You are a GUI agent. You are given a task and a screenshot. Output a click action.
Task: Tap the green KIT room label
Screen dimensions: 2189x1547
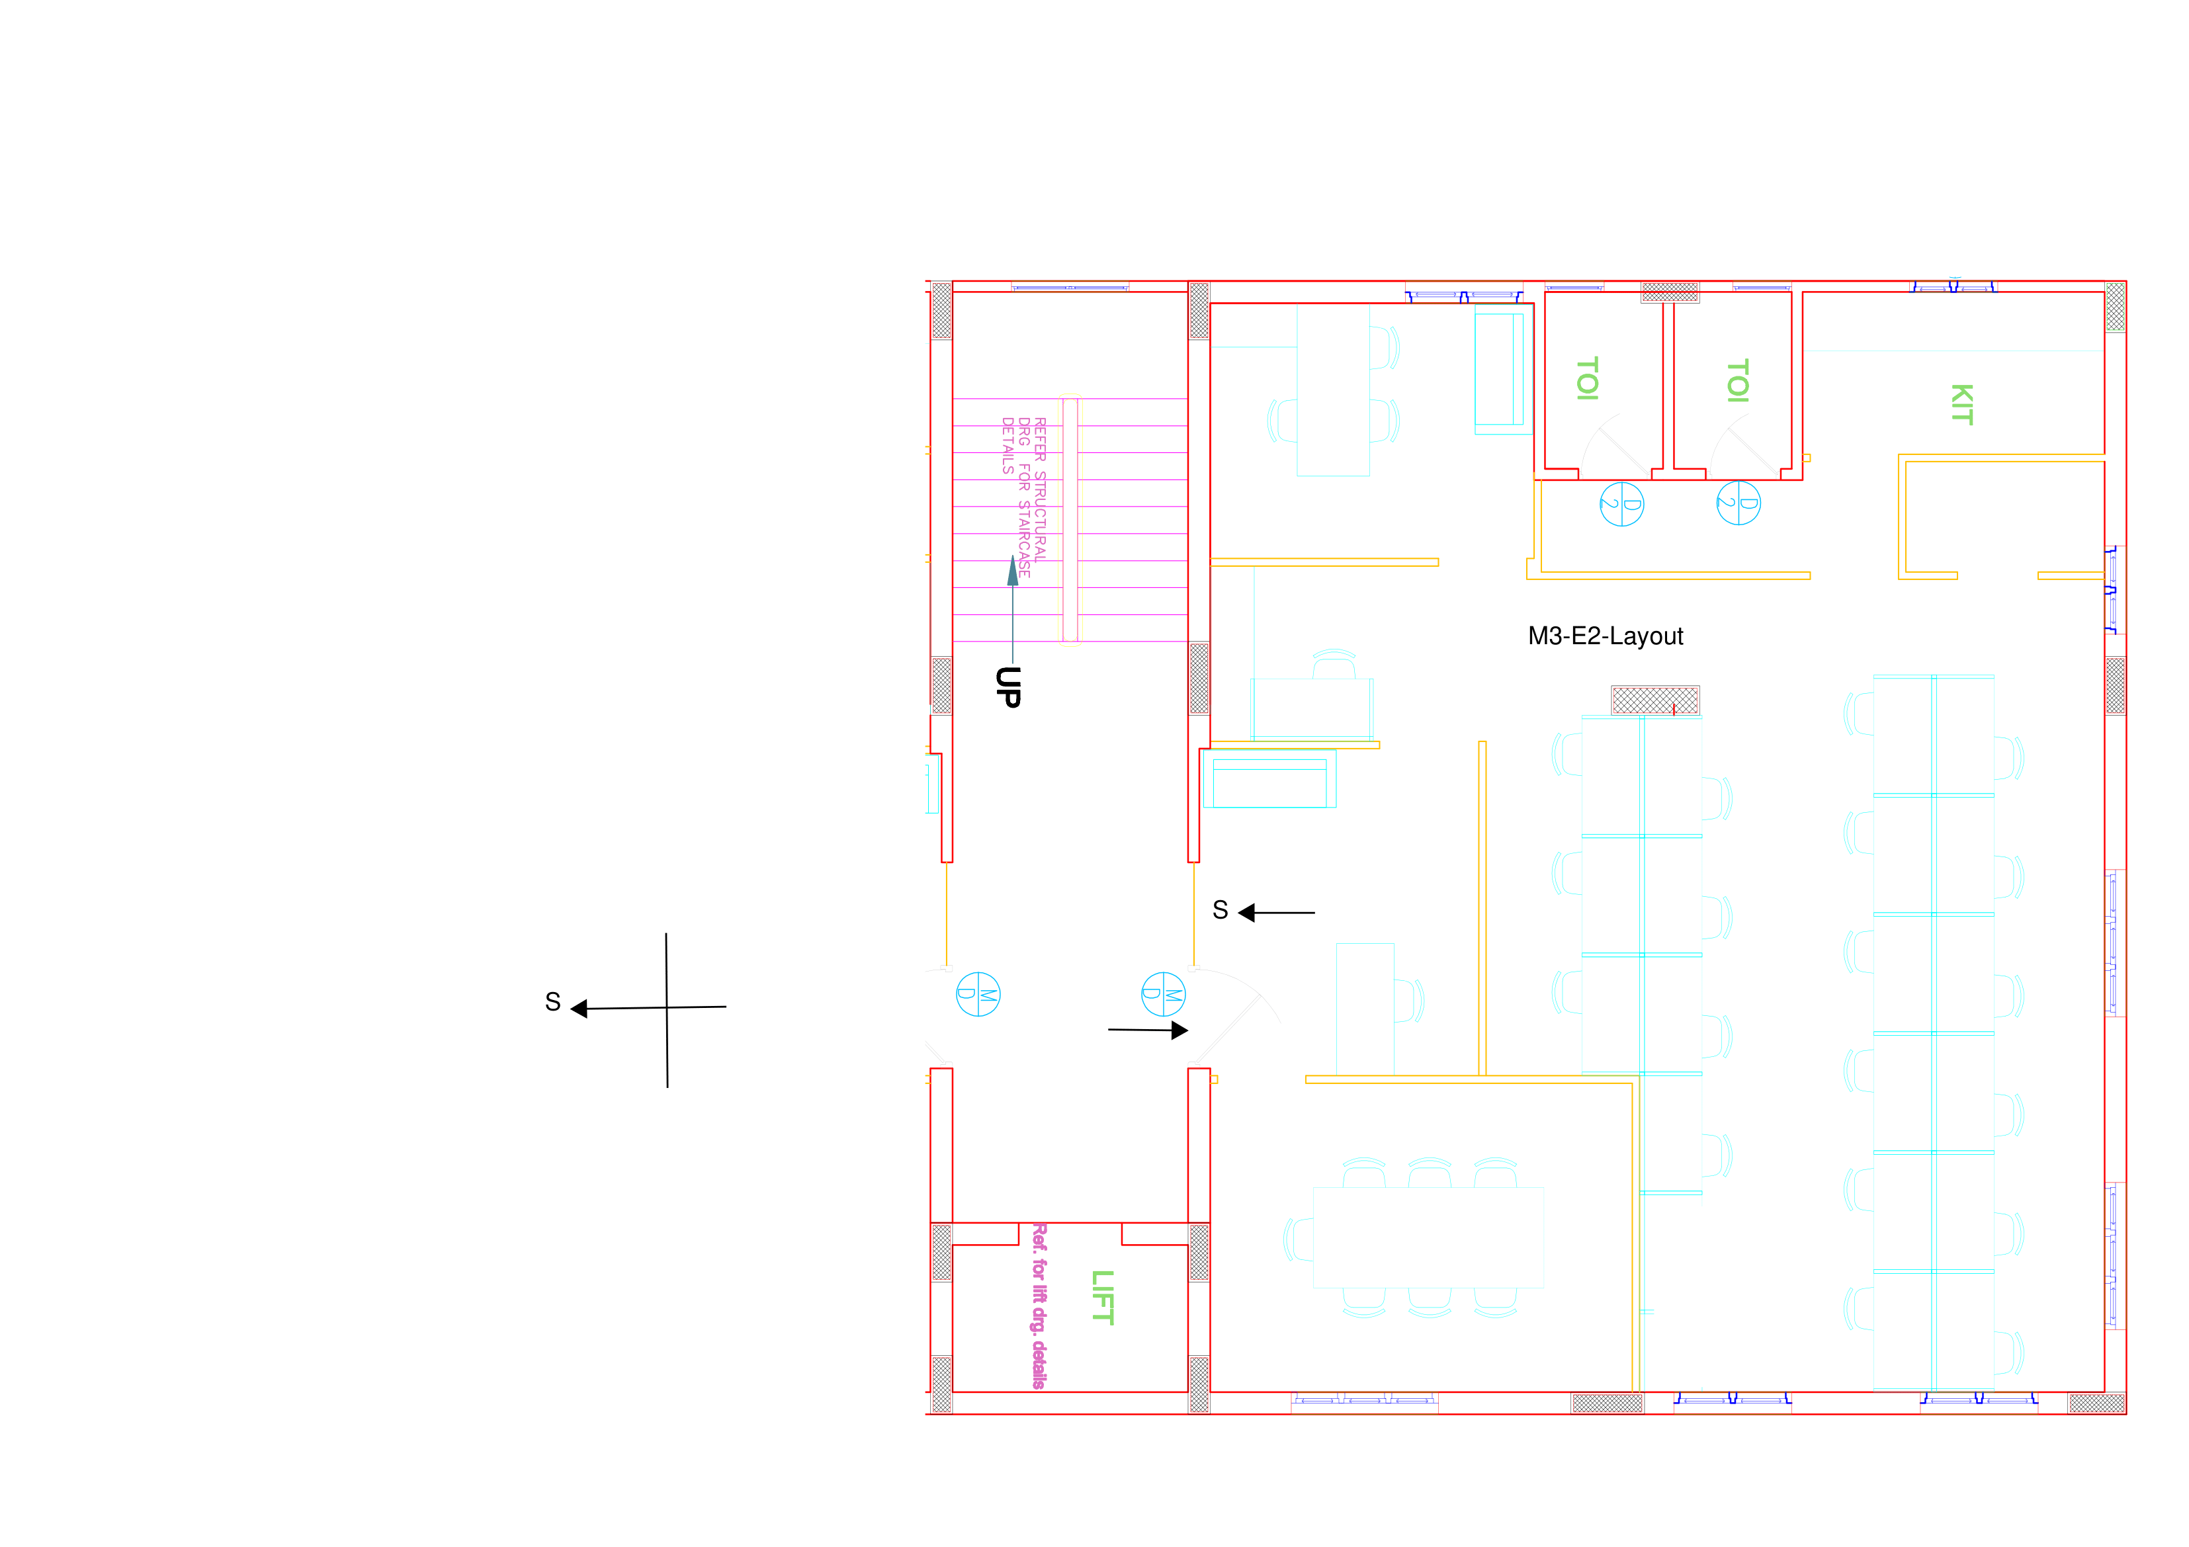tap(1961, 404)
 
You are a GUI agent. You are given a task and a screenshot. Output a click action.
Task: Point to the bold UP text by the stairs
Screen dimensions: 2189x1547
tap(1008, 687)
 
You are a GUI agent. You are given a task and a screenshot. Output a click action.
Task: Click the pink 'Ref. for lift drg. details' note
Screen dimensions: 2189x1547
tap(1039, 1306)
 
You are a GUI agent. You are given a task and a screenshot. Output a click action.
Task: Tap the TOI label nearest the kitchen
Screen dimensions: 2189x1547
tap(1737, 380)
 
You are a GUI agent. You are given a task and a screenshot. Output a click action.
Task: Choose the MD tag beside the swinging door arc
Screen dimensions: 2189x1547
tap(1163, 994)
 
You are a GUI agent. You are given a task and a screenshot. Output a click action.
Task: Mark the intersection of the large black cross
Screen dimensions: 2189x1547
tap(666, 1007)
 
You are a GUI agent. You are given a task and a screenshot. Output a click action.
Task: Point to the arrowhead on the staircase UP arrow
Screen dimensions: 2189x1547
tap(1013, 570)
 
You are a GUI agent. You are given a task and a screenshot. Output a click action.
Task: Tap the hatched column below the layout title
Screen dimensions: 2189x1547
tap(1655, 700)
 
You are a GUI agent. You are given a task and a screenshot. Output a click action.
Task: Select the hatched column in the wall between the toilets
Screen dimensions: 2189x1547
tap(1670, 292)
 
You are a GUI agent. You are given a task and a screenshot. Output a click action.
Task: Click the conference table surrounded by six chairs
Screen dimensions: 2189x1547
tap(1428, 1237)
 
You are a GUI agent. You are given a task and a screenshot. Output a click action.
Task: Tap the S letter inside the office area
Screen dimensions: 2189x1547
tap(1221, 910)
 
